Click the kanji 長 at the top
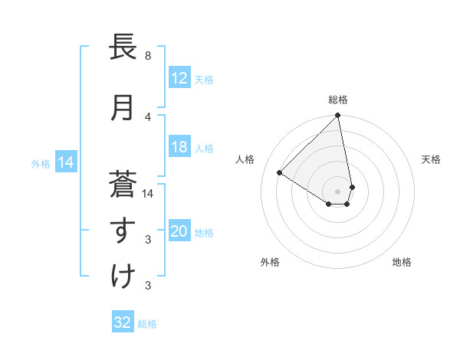[x=123, y=47]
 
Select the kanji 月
[x=123, y=108]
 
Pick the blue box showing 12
[x=179, y=78]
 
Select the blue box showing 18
[x=179, y=148]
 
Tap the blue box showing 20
[x=179, y=232]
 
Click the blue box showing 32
[x=123, y=322]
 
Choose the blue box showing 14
[x=65, y=162]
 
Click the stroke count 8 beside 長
[x=147, y=56]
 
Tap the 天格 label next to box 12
[x=203, y=79]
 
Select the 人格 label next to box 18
[x=203, y=149]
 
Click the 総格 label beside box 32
[x=147, y=324]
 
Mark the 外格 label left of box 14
[x=41, y=163]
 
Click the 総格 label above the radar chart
[x=338, y=100]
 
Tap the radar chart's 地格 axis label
[x=402, y=262]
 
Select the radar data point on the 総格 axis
[x=338, y=116]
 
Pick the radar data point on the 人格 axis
[x=280, y=172]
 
